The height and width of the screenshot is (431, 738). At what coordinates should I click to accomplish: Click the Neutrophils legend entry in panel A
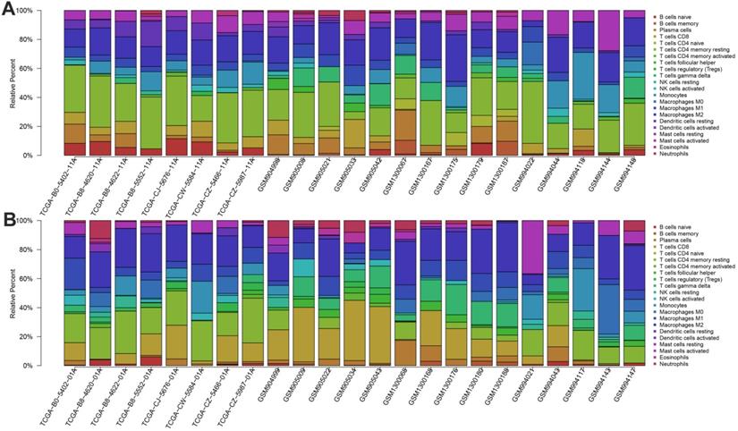(679, 154)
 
